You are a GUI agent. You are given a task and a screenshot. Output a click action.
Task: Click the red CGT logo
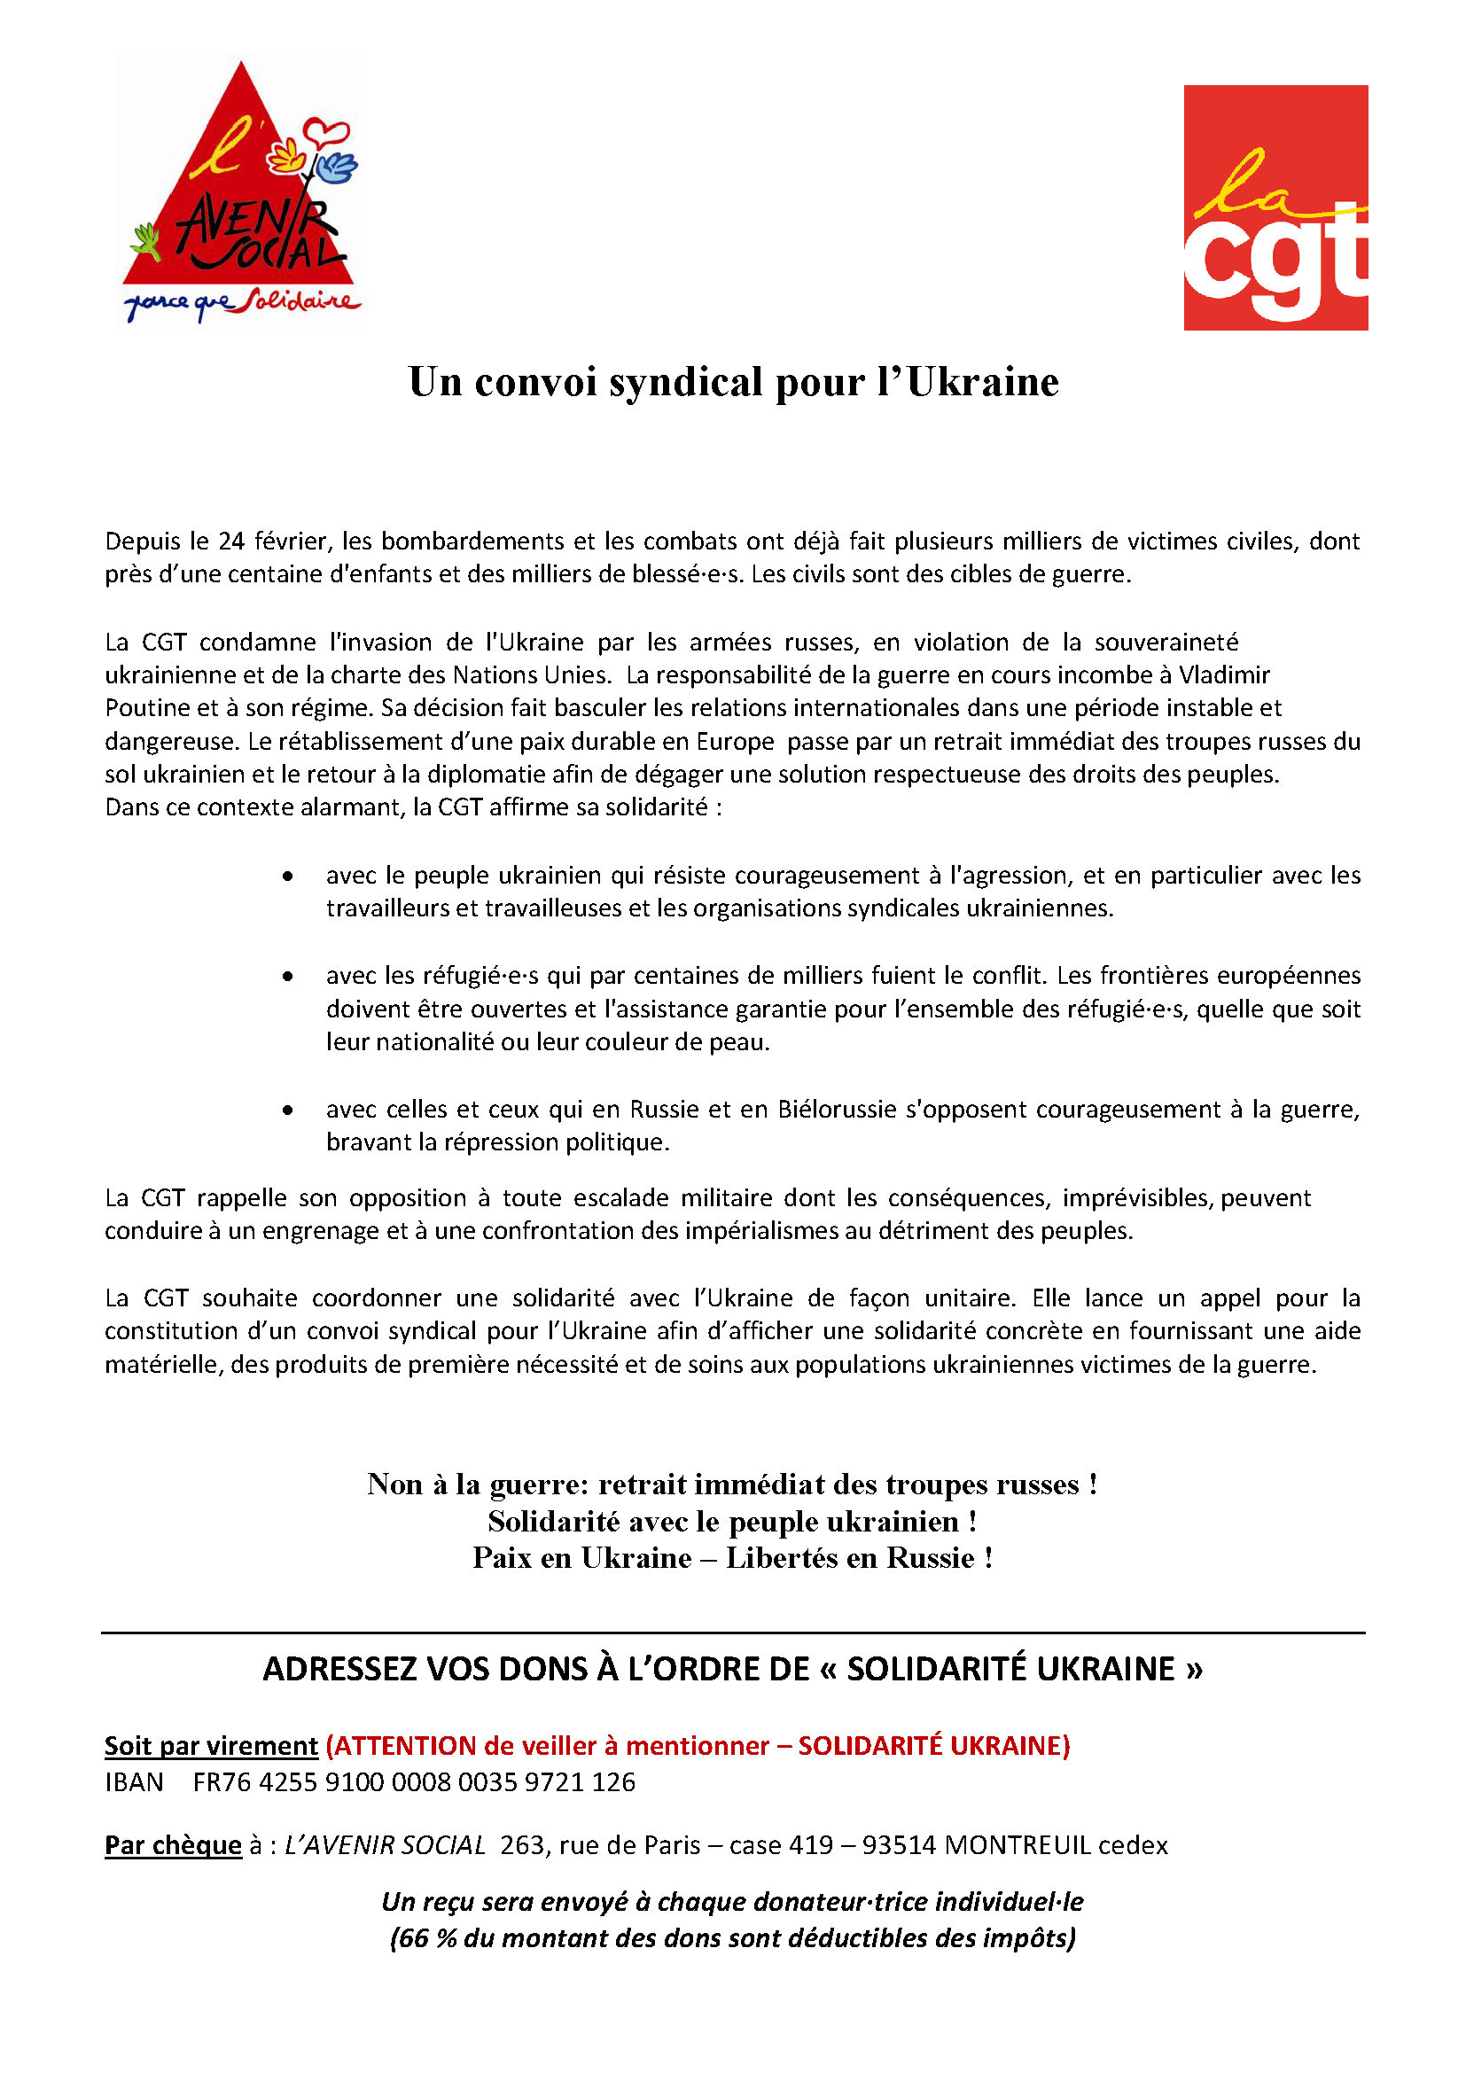pos(1275,207)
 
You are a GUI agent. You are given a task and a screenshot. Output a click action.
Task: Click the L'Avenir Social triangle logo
pos(239,190)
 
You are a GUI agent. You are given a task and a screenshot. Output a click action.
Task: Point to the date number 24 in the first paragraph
pos(232,541)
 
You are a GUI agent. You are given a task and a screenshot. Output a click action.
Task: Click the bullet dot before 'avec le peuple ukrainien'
pos(287,876)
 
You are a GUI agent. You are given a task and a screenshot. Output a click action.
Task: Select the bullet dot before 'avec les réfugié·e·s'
pos(287,976)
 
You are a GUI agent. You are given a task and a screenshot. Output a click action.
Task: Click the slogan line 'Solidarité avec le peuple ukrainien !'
pos(732,1522)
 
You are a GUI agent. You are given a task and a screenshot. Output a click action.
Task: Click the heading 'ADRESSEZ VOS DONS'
pos(732,1670)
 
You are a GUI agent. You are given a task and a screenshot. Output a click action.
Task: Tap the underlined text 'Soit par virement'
pos(211,1746)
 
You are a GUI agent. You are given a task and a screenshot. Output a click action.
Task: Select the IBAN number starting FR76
pos(413,1782)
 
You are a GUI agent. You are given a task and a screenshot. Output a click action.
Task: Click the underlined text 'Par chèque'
pos(174,1845)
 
